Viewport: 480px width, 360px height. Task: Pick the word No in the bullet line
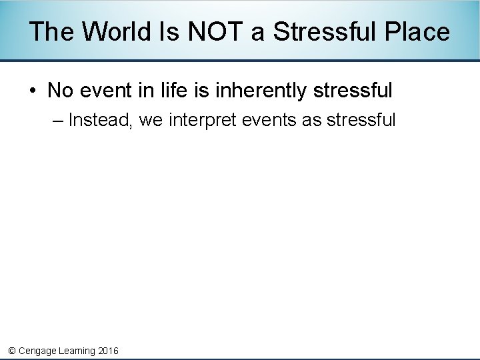click(x=60, y=90)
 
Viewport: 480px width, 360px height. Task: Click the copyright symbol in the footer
click(x=11, y=351)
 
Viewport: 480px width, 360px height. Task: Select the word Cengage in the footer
click(x=37, y=351)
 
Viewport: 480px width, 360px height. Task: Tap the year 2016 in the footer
click(x=108, y=351)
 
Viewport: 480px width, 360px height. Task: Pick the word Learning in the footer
click(x=76, y=351)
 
